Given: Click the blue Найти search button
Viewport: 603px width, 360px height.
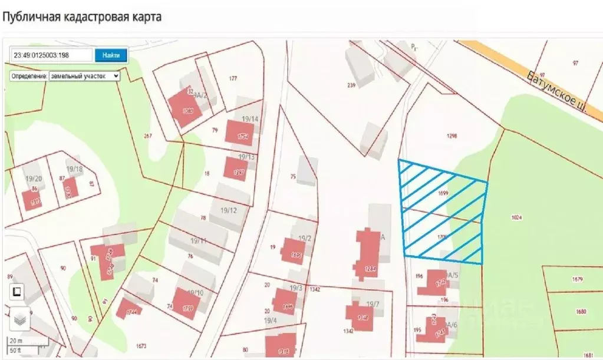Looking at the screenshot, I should (111, 55).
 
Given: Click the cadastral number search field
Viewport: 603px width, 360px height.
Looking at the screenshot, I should (52, 55).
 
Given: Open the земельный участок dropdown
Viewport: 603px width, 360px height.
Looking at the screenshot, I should (84, 76).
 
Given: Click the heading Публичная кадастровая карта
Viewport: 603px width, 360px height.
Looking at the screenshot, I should (82, 16).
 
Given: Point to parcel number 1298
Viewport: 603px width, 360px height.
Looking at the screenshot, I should (452, 136).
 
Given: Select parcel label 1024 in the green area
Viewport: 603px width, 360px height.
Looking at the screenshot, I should (517, 217).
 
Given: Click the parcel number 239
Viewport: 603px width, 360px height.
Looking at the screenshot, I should (351, 85).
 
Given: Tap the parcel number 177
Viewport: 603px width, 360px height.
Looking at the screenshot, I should (233, 78).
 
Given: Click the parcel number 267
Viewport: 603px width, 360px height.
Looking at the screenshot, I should (148, 136).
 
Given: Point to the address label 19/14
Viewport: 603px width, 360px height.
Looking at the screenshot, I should (248, 119).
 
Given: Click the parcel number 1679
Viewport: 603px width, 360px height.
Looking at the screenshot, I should (577, 279).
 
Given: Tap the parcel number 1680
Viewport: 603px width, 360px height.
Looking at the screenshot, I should (581, 311).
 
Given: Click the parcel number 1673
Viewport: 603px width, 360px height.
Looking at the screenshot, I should (141, 345).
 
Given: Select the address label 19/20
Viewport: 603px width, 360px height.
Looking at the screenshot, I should (34, 179).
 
